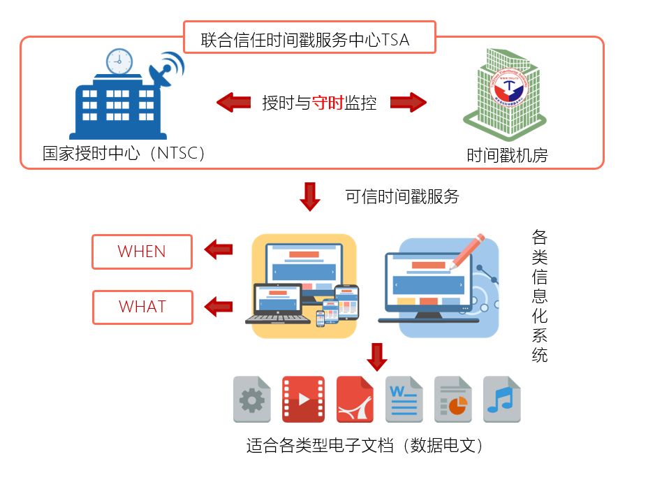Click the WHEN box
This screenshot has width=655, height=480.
142,252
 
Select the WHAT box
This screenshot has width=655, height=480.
142,307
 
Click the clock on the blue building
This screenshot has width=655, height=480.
119,61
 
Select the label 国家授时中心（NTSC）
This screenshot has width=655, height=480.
124,153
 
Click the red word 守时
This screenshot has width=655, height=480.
327,103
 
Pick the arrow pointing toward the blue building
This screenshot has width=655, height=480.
234,103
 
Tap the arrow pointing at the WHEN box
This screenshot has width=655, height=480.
219,249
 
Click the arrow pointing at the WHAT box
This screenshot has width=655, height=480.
219,305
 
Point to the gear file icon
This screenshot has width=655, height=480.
251,400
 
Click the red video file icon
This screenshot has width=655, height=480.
303,400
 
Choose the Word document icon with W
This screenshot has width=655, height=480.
404,400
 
